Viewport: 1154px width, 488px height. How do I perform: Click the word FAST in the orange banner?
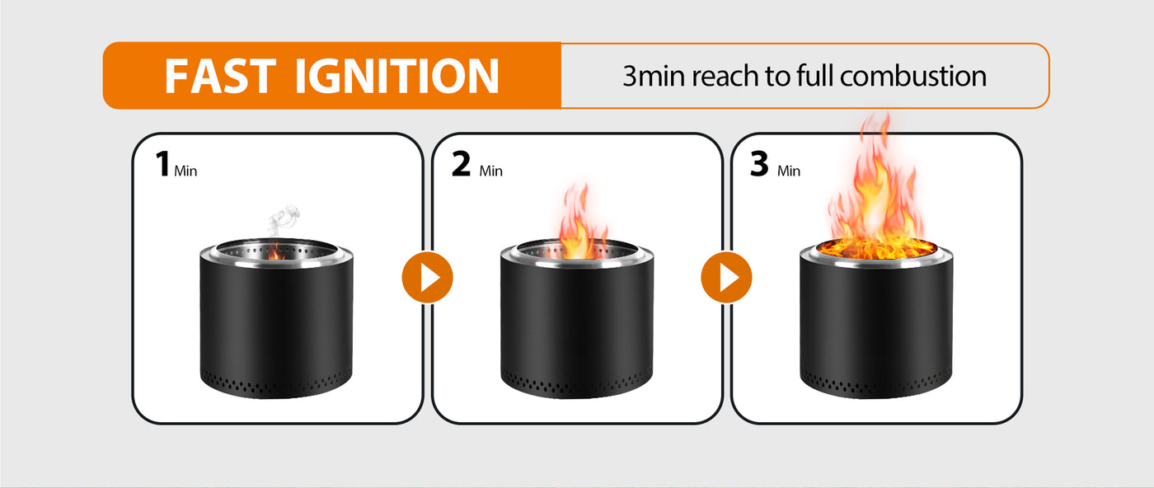click(221, 76)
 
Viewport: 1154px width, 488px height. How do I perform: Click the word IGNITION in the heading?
click(396, 76)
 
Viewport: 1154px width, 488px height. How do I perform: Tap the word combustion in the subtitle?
click(913, 76)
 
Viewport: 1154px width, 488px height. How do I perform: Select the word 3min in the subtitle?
click(654, 77)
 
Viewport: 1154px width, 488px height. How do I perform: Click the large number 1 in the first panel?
click(163, 164)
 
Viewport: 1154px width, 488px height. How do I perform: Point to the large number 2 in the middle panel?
click(461, 164)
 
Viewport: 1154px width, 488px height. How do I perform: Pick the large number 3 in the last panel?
click(759, 164)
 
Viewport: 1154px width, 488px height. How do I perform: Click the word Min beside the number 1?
click(185, 171)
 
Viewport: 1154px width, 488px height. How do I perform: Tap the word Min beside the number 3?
click(789, 171)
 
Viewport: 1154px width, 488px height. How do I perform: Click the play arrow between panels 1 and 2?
click(427, 277)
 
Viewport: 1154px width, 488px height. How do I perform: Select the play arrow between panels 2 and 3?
click(726, 277)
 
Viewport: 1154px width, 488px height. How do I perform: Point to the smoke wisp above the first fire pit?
click(282, 220)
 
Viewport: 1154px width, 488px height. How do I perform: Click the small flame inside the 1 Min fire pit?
click(275, 251)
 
